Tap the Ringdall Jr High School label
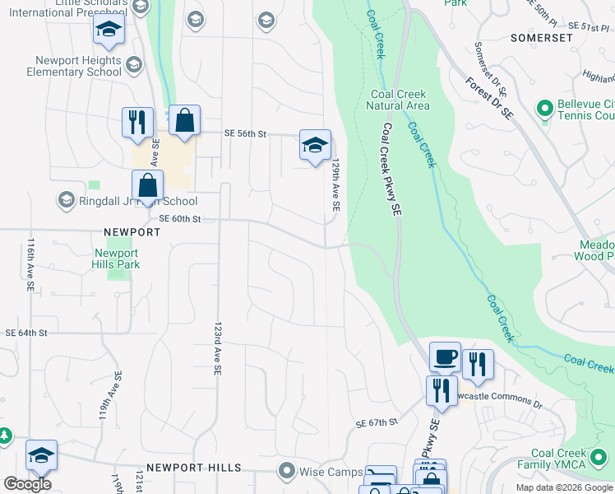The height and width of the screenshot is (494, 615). [127, 201]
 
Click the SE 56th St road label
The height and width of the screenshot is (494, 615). [247, 133]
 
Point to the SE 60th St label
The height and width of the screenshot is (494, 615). [179, 218]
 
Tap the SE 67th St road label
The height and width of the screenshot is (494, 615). [377, 422]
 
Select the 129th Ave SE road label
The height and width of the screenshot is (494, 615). [336, 187]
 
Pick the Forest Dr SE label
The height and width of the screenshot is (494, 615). [488, 100]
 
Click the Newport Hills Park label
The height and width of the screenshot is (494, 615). [117, 259]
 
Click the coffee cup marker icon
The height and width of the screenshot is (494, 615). [445, 357]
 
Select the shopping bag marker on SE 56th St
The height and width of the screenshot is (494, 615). [185, 120]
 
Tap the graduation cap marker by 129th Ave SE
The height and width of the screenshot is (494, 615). [315, 145]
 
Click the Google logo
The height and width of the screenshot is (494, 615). [28, 484]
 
